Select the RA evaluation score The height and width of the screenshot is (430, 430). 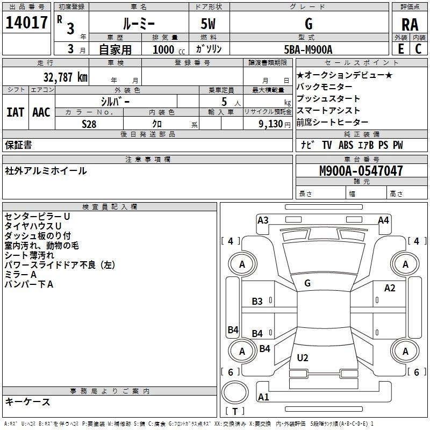tap(410, 24)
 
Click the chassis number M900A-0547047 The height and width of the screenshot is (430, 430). tap(361, 171)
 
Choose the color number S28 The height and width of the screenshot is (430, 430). tap(90, 124)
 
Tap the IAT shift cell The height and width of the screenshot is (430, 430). tap(15, 112)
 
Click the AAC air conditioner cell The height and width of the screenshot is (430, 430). tap(41, 112)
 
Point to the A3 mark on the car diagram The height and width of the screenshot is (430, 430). tap(263, 220)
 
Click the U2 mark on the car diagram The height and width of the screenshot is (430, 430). tap(303, 357)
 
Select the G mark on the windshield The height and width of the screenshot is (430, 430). tap(307, 283)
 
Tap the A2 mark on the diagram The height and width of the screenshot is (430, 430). tap(390, 289)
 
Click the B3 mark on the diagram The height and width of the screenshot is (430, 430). tap(257, 302)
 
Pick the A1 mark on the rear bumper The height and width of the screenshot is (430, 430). tap(263, 397)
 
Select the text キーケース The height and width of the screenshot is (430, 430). tap(27, 402)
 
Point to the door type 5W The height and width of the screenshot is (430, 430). tap(208, 24)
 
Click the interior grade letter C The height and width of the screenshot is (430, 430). tap(418, 49)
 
